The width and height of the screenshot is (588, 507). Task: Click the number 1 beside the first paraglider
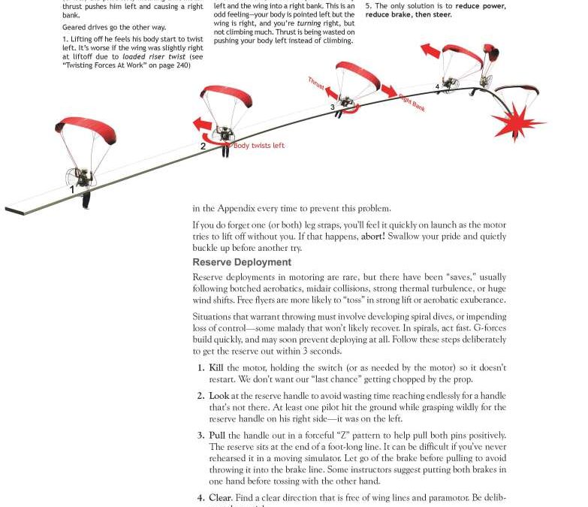point(72,190)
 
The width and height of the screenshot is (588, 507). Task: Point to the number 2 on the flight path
point(203,146)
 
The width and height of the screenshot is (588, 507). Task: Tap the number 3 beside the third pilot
point(333,107)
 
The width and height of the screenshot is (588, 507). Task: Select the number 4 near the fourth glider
point(437,87)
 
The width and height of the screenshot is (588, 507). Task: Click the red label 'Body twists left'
point(259,146)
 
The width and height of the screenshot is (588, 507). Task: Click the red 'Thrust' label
point(316,84)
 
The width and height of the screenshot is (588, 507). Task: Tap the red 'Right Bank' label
point(412,103)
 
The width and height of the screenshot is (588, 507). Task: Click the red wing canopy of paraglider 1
point(86,128)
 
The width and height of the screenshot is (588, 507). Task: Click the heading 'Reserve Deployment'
point(242,262)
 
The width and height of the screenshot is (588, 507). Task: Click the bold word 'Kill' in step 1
point(216,368)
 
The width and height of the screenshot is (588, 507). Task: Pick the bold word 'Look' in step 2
point(219,396)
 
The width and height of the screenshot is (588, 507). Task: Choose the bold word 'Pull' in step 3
point(217,435)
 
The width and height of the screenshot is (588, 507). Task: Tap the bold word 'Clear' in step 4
point(220,497)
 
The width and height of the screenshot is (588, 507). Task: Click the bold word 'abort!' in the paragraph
point(372,236)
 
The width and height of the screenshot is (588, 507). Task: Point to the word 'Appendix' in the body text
point(244,208)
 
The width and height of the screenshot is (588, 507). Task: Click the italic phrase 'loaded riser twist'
point(155,57)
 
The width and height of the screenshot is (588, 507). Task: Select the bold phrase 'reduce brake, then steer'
point(409,14)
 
